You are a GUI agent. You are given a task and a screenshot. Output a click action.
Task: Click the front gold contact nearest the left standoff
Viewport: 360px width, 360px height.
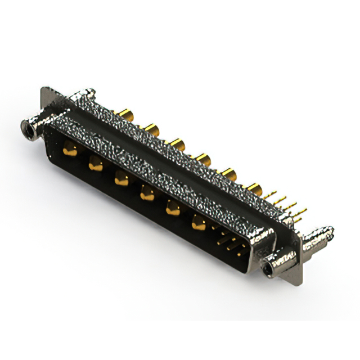(x=70, y=150)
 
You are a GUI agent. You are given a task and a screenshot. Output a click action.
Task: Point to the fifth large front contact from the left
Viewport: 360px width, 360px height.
(x=172, y=209)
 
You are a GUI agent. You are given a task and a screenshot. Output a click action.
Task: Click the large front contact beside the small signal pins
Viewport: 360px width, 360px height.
(x=198, y=223)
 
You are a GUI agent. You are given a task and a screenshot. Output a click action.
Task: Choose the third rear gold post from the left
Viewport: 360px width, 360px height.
(x=178, y=145)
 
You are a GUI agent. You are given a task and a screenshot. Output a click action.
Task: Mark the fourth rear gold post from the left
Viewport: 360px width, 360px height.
(x=204, y=159)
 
